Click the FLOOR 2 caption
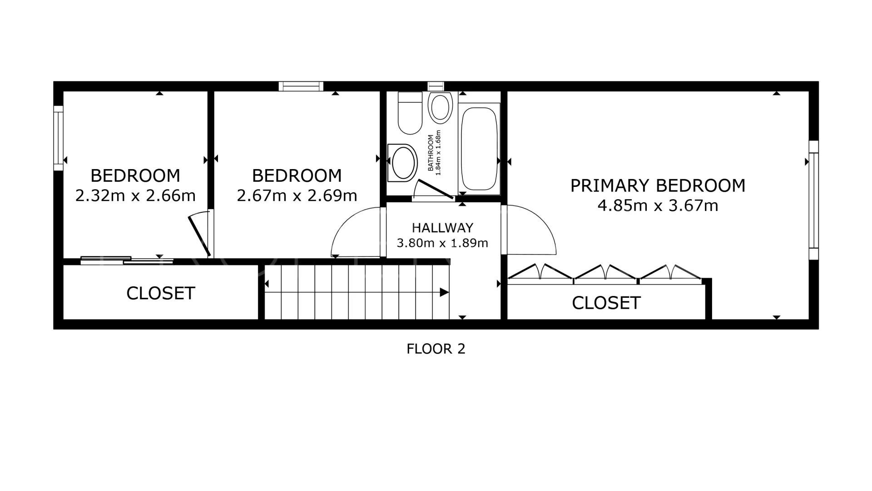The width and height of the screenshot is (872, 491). click(x=436, y=349)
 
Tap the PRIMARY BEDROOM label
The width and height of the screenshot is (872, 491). click(x=658, y=185)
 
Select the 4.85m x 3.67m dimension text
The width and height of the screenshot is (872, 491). click(x=658, y=205)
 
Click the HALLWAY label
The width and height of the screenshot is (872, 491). click(x=442, y=227)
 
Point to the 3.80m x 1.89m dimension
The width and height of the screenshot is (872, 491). click(x=442, y=243)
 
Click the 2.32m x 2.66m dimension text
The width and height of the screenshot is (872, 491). click(x=135, y=195)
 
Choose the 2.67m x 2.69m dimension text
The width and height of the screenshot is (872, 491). click(x=297, y=195)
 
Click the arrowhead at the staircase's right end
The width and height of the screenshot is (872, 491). click(x=444, y=292)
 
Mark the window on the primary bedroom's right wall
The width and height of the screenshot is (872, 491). click(x=813, y=200)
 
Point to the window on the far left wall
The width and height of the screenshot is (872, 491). click(x=59, y=138)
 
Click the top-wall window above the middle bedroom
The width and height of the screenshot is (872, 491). click(x=301, y=86)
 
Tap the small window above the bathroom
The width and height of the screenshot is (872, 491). click(x=436, y=86)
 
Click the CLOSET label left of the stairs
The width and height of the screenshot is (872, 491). click(x=161, y=293)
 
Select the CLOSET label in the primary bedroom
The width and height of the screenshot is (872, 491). click(x=606, y=303)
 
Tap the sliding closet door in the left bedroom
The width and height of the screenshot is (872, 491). click(x=127, y=261)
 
